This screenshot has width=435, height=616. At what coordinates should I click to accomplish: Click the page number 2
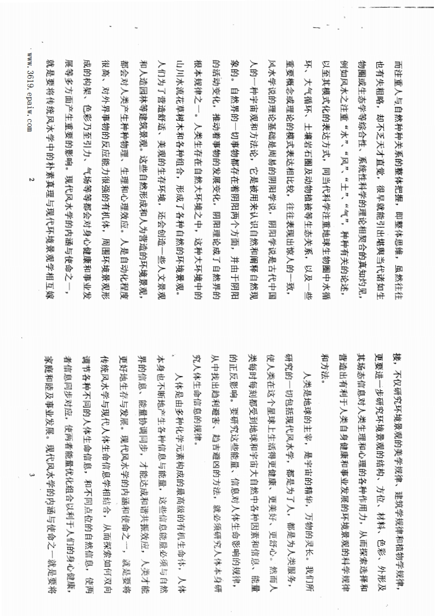(x=31, y=180)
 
